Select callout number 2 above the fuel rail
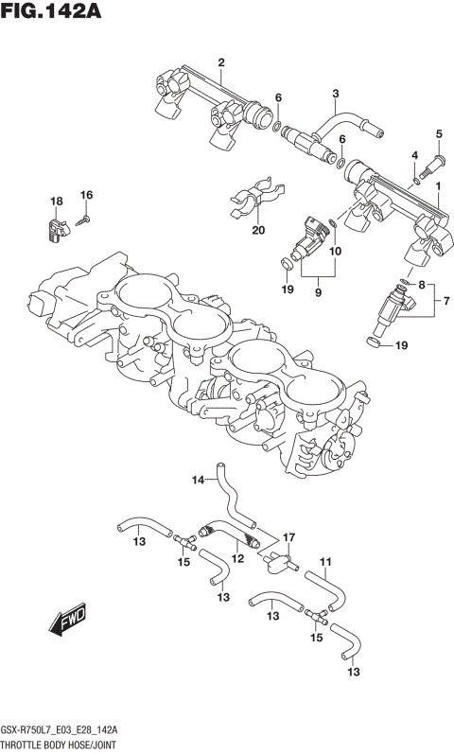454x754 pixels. [220, 63]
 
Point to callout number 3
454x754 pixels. [335, 93]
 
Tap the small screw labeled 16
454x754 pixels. [82, 219]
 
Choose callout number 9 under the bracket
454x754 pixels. [318, 292]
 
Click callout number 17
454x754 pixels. [290, 537]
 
